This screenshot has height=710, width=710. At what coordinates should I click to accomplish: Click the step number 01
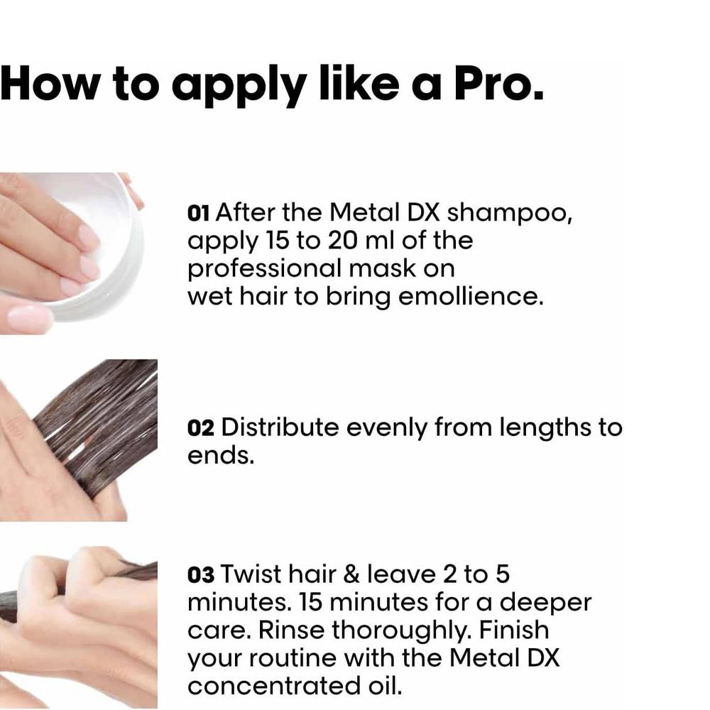coord(198,213)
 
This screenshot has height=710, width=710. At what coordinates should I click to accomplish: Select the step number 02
coord(201,428)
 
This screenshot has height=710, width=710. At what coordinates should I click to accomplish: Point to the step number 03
coord(201,574)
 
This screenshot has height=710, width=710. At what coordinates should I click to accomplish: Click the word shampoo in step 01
coord(509,214)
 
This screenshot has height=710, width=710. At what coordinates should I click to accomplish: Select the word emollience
coord(471,297)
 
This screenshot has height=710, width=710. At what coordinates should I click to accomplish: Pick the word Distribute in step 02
coord(280,427)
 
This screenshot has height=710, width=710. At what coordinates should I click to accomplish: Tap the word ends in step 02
coord(221,456)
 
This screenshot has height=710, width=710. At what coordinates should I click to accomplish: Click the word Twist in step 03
coord(251,574)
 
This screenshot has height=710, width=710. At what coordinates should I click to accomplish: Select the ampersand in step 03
coord(352,574)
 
